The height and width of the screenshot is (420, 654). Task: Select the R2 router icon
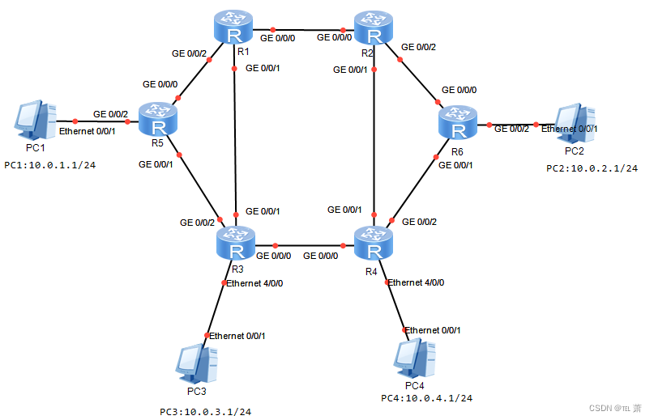click(373, 28)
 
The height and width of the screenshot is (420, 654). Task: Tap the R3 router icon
click(236, 244)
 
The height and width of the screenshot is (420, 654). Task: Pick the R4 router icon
click(374, 244)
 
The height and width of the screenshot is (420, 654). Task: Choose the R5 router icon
click(157, 121)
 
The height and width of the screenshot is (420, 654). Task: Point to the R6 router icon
click(458, 124)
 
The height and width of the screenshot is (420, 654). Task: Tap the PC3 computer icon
click(197, 364)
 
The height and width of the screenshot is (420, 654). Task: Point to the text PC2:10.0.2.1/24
click(592, 168)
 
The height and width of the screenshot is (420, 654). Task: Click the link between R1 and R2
click(304, 34)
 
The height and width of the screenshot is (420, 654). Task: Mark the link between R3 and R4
click(305, 244)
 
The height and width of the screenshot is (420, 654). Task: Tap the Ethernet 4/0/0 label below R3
click(254, 283)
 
